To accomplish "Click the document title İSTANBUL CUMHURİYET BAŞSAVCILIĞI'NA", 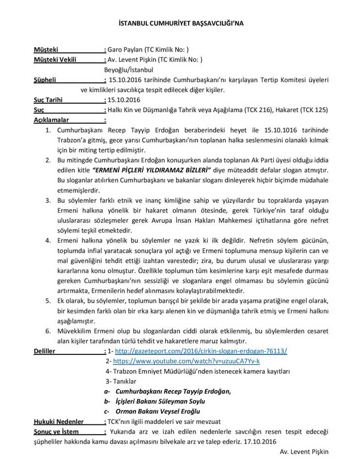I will click(180, 23).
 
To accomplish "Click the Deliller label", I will click(44, 350).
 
